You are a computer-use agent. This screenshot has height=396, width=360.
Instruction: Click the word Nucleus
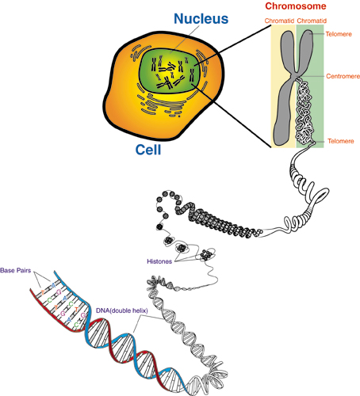pos(201,19)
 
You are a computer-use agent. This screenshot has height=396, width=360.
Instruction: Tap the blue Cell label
pos(148,150)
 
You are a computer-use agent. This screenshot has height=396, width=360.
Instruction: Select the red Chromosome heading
pos(296,6)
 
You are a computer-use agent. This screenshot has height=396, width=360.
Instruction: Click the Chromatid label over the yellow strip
pos(279,21)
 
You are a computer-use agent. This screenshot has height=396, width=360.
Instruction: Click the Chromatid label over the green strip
pos(312,21)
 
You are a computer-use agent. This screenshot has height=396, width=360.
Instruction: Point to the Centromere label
pos(343,76)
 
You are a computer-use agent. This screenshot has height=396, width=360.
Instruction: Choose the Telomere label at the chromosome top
pos(339,34)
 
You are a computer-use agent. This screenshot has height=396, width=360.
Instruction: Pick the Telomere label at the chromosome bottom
pos(341,141)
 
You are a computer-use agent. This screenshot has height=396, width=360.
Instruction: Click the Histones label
pos(159,261)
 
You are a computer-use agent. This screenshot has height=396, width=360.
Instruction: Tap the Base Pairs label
pos(16,270)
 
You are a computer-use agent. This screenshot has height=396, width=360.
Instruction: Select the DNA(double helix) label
pos(122,310)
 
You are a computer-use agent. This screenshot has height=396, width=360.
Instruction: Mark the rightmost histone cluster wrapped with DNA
pos(205,254)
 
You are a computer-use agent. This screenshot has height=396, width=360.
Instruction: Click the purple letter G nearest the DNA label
pos(83,315)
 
